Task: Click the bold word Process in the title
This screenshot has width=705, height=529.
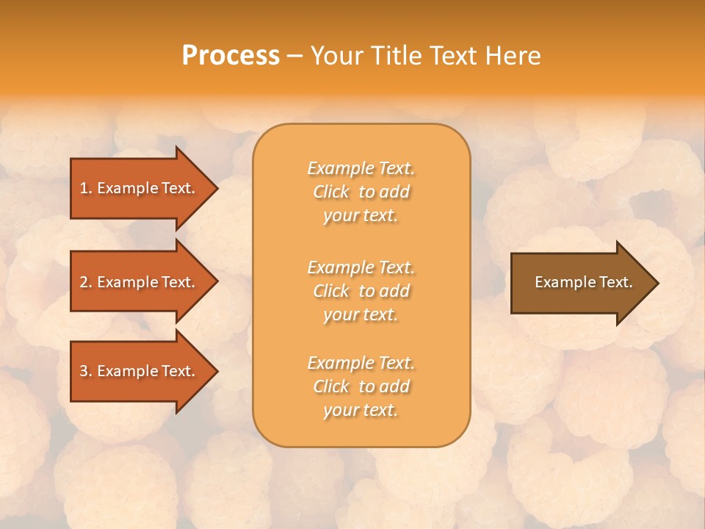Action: [231, 56]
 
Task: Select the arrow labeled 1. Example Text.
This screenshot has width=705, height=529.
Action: [140, 188]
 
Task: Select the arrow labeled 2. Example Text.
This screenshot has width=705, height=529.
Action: [140, 282]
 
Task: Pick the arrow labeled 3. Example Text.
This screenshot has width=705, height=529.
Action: [140, 371]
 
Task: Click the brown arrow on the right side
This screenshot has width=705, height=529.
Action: [580, 283]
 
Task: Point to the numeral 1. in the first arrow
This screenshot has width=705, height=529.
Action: [86, 188]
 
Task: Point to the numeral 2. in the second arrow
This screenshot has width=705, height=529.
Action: [86, 282]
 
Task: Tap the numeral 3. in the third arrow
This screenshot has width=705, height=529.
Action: [86, 371]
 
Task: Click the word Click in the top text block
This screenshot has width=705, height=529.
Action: [331, 192]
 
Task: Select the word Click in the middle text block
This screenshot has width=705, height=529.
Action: [331, 291]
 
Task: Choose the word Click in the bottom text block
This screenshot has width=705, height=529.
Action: [331, 386]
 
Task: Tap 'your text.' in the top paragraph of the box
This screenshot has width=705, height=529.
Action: [361, 216]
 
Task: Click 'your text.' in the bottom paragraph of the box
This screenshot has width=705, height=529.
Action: [361, 410]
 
